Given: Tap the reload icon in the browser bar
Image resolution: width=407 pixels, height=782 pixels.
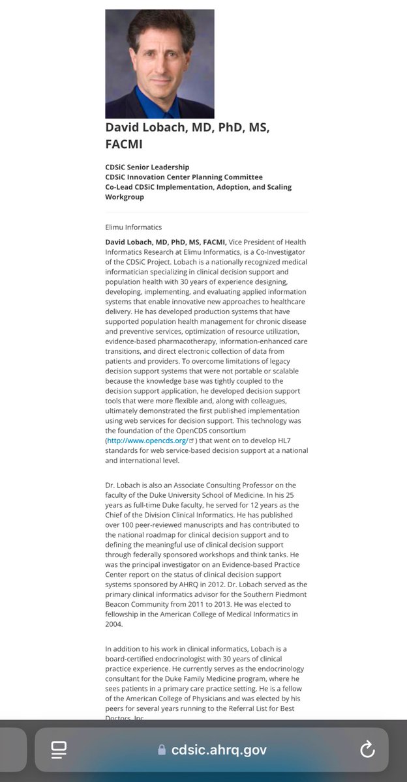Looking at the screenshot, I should click(x=367, y=749).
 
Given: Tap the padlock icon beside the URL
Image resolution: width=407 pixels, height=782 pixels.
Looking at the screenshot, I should click(x=162, y=750).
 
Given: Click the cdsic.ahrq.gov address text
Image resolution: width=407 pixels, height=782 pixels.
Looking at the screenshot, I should click(x=219, y=750).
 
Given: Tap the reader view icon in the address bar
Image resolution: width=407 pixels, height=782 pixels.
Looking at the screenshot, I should click(x=60, y=750).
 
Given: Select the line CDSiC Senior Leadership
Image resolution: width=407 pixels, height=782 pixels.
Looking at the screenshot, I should click(x=147, y=167).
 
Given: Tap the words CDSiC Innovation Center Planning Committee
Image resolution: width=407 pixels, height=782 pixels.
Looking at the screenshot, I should click(x=184, y=177).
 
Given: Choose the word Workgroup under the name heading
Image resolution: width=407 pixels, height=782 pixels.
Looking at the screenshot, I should click(x=125, y=197).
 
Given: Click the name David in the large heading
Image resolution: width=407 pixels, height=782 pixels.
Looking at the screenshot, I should click(x=125, y=128).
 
